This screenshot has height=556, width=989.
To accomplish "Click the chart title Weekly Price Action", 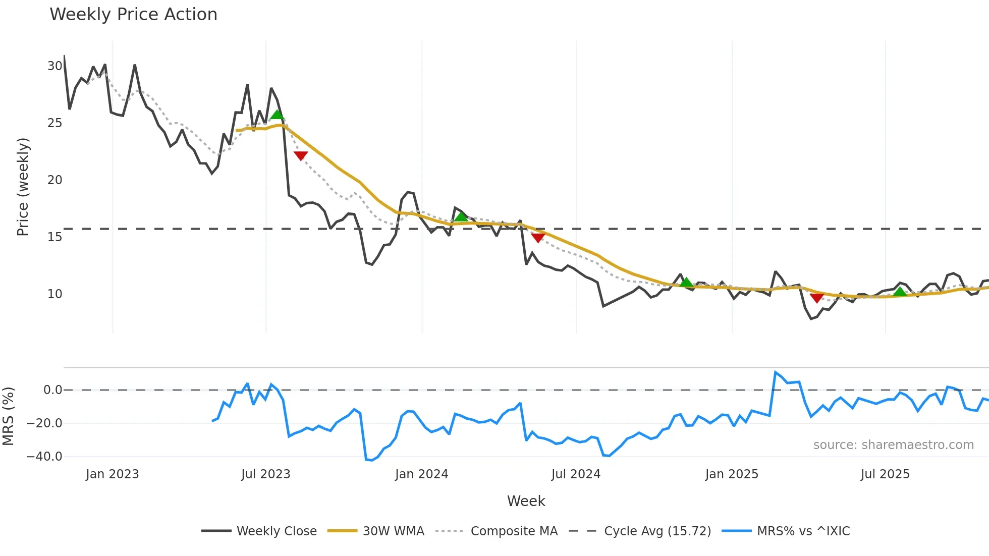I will tap(133, 15).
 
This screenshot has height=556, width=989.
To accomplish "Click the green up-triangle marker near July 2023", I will tap(277, 115).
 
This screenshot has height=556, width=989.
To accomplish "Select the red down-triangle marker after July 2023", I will tap(301, 156).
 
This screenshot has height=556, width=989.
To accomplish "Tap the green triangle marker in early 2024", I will tap(461, 217).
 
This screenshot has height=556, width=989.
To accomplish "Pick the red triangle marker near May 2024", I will tap(538, 238).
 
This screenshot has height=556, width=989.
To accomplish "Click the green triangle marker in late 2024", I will tap(686, 283).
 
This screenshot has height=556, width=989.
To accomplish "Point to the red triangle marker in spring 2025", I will tap(817, 298).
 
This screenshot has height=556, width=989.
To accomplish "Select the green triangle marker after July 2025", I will tap(900, 292).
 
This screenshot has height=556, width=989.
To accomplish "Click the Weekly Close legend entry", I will tap(259, 531).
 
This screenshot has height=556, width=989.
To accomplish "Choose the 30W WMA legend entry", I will tap(376, 531).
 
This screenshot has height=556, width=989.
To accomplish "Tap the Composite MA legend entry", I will tap(497, 531).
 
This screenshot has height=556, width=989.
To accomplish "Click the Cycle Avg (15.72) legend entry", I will tap(640, 531).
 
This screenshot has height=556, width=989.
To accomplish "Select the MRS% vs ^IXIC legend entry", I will tap(786, 531).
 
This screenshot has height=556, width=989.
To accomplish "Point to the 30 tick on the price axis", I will tap(54, 66).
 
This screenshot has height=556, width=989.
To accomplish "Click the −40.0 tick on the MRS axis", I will tap(44, 457).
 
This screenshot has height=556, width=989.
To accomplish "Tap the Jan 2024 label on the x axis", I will tap(421, 474).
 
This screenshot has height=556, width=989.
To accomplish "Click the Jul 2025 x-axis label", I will tap(885, 474).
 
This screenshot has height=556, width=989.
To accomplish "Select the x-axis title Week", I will tap(526, 501).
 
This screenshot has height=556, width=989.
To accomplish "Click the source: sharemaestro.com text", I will tap(893, 445).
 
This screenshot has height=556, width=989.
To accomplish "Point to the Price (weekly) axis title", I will tap(23, 187).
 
